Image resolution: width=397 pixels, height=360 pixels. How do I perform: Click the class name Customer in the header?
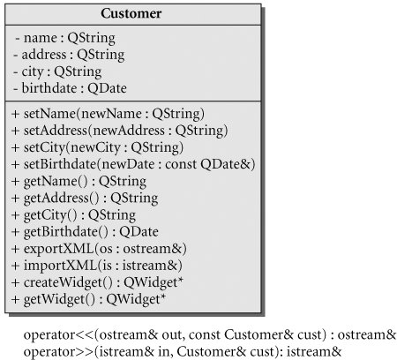pyautogui.click(x=131, y=14)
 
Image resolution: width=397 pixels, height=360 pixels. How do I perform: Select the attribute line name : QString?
pyautogui.click(x=65, y=38)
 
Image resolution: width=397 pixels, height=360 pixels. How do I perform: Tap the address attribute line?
pyautogui.click(x=69, y=55)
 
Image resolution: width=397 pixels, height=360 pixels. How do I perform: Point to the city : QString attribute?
pyautogui.click(x=57, y=72)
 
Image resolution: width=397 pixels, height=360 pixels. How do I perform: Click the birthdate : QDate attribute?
pyautogui.click(x=70, y=88)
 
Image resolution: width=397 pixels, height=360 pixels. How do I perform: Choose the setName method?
pyautogui.click(x=108, y=114)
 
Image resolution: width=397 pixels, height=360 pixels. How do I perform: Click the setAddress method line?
pyautogui.click(x=119, y=131)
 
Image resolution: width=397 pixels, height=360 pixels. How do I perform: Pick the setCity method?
pyautogui.click(x=97, y=148)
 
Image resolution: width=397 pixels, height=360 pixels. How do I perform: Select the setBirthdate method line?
pyautogui.click(x=133, y=164)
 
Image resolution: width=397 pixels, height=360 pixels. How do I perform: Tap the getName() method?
pyautogui.click(x=79, y=182)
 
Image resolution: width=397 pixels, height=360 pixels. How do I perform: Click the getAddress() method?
pyautogui.click(x=85, y=199)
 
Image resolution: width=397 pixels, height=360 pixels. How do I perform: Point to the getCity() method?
pyautogui.click(x=73, y=215)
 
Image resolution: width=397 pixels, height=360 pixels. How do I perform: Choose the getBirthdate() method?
pyautogui.click(x=85, y=232)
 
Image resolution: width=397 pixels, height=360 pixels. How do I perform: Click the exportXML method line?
pyautogui.click(x=99, y=249)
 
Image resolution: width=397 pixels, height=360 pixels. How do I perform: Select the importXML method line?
pyautogui.click(x=96, y=266)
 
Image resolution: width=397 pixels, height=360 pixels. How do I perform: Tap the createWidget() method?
pyautogui.click(x=97, y=283)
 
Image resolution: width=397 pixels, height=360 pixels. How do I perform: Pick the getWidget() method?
pyautogui.click(x=88, y=300)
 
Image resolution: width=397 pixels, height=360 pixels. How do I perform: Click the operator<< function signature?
pyautogui.click(x=210, y=335)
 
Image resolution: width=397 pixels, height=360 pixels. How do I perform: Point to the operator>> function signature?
pyautogui.click(x=183, y=352)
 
